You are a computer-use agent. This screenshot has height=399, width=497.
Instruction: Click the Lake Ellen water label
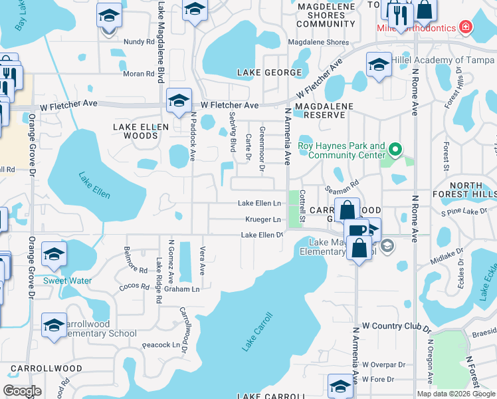click(94, 186)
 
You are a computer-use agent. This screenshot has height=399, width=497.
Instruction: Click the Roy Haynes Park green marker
click(396, 149)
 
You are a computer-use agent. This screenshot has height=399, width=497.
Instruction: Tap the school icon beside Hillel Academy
click(379, 65)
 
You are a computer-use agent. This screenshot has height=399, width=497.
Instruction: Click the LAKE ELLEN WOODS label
click(136, 130)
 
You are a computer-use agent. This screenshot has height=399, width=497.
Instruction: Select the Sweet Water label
click(67, 281)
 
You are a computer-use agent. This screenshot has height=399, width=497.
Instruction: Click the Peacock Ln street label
click(161, 345)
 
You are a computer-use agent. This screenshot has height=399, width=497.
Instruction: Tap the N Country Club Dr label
click(397, 328)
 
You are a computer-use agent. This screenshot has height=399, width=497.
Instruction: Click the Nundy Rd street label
click(139, 41)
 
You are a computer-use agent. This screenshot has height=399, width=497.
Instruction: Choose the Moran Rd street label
click(139, 73)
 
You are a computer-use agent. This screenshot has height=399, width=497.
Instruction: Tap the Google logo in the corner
click(23, 391)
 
